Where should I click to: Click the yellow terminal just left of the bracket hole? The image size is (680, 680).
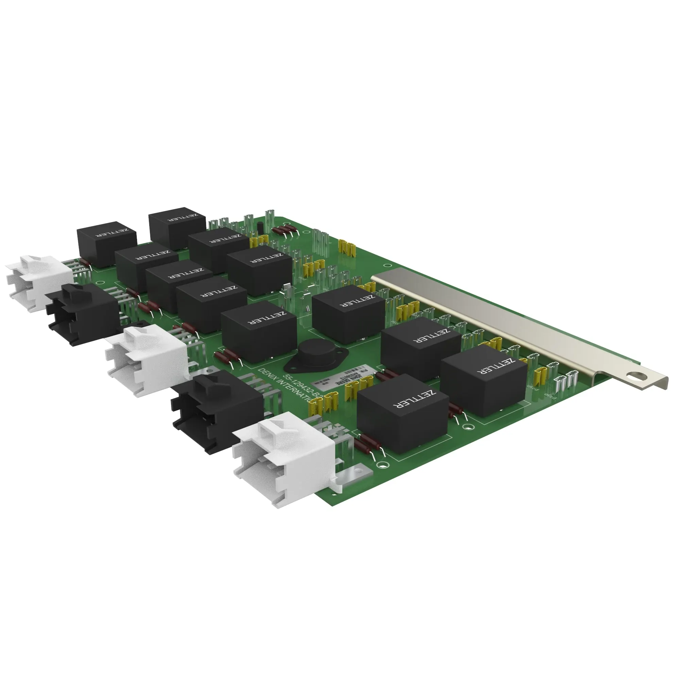click(539, 377)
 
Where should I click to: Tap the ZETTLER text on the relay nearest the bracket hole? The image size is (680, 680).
click(496, 367)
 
